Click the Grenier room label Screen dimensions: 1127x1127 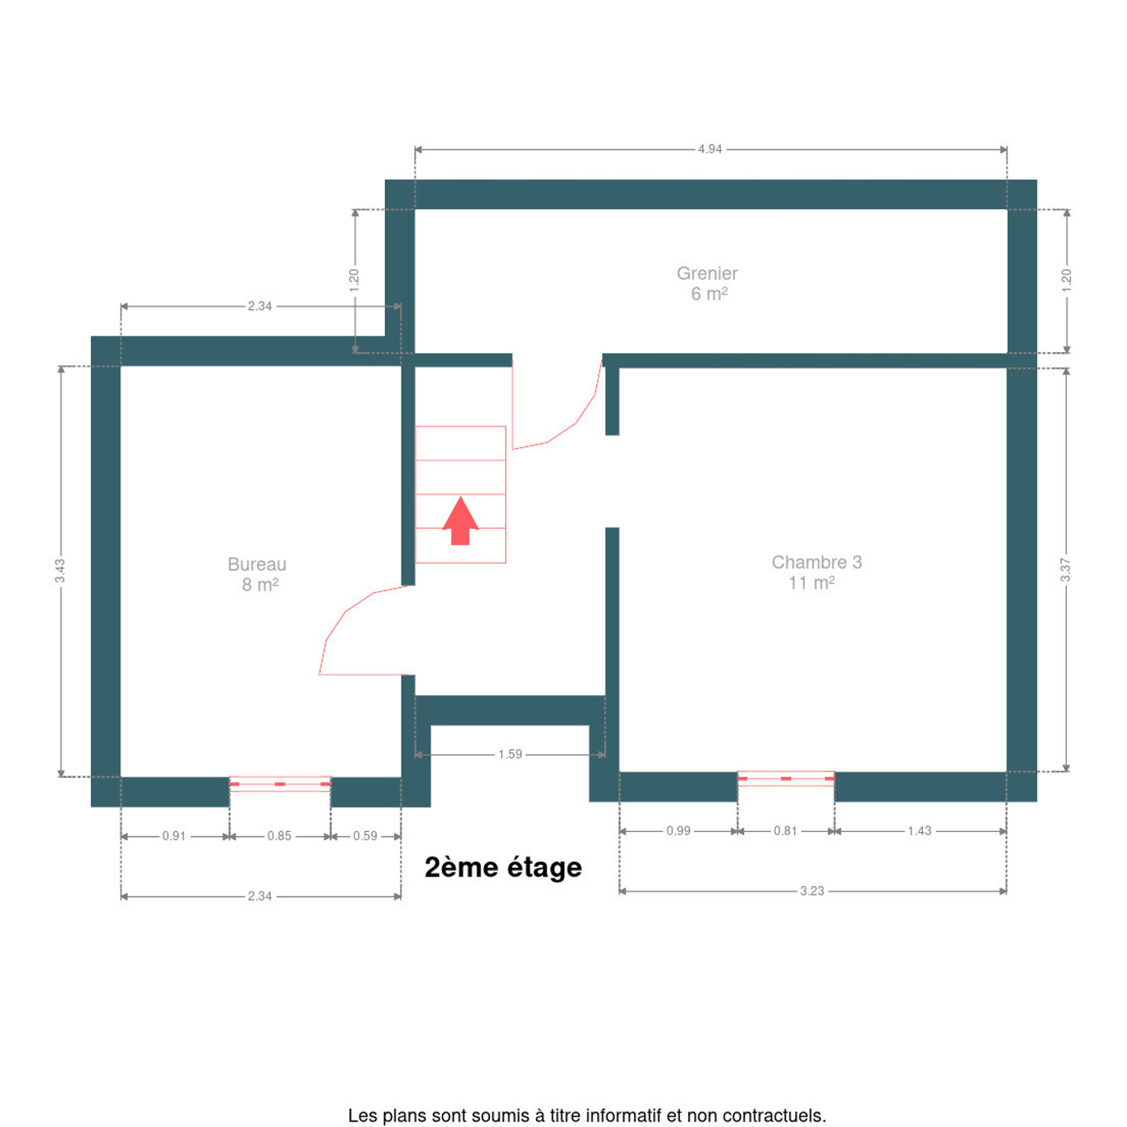click(707, 273)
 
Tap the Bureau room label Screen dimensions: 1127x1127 click(257, 564)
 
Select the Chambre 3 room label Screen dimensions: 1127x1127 click(816, 562)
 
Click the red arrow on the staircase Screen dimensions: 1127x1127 click(460, 521)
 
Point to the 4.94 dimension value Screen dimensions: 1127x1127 click(709, 149)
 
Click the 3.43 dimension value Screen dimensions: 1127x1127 click(60, 571)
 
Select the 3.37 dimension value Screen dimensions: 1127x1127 click(1066, 571)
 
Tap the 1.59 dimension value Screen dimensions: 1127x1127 click(510, 754)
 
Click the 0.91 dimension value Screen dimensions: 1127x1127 click(174, 837)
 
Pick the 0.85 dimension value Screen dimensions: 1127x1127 click(279, 837)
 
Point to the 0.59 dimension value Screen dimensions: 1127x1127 click(365, 837)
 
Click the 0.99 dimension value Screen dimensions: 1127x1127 click(679, 831)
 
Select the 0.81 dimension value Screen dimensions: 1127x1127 click(786, 831)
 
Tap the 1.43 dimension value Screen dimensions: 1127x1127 click(920, 831)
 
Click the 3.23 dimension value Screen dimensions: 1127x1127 click(812, 891)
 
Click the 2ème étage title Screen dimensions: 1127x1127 click(503, 868)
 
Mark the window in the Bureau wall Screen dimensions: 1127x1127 click(279, 783)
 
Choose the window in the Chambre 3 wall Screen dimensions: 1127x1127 click(786, 779)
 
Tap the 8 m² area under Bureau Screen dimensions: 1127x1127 click(261, 585)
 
